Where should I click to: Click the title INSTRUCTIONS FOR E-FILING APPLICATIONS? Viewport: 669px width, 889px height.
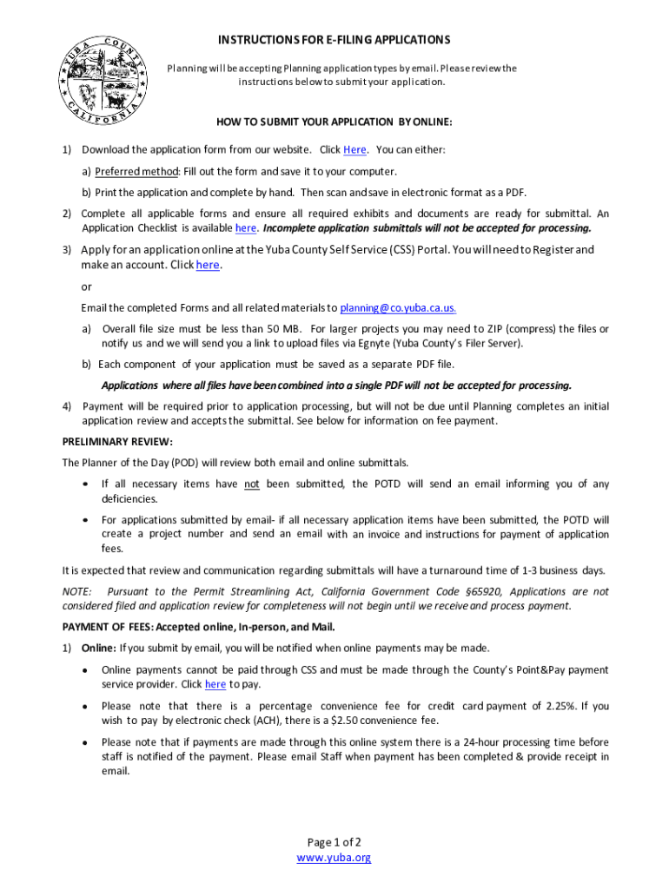pos(334,40)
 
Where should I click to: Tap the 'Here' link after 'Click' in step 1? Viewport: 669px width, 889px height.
pos(354,150)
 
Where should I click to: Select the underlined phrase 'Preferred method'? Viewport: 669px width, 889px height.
pos(133,172)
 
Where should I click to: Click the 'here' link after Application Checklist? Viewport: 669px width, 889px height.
pos(246,228)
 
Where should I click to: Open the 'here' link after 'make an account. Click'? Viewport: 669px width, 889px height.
pos(208,266)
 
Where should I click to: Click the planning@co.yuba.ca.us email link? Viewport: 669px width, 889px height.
pos(398,308)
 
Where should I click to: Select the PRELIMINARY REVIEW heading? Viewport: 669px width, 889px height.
pos(117,442)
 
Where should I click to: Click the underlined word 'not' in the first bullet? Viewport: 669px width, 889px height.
pos(252,484)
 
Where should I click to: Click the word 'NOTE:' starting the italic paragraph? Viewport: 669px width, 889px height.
pos(77,591)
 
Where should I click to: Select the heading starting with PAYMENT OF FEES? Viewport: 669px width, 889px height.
pos(198,627)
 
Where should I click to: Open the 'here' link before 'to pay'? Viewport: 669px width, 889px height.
pos(215,685)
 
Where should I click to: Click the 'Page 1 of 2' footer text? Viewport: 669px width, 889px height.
pos(334,842)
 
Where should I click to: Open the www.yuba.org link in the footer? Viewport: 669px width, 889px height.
pos(334,858)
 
